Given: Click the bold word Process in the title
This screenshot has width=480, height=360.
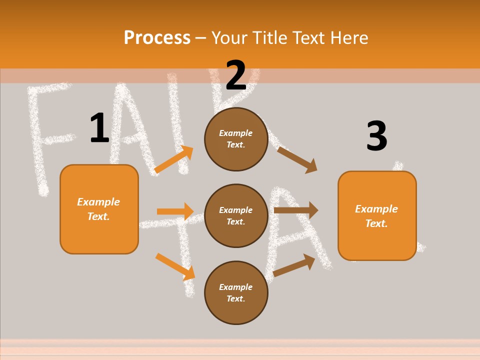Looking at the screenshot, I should (x=157, y=38).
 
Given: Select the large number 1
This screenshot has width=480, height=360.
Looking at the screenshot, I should (x=99, y=128).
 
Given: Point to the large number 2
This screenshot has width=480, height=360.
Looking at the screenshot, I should (x=236, y=75).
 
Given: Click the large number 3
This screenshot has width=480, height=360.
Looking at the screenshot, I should (x=377, y=136).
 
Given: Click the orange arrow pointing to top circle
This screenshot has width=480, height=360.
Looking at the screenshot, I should (x=174, y=159).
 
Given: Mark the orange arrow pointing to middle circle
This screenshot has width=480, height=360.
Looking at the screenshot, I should (x=175, y=211).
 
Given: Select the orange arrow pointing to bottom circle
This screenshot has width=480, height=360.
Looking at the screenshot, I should (x=175, y=266).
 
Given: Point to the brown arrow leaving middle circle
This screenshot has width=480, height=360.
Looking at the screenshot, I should (x=296, y=210).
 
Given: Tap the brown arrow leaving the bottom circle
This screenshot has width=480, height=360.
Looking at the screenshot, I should (x=294, y=265).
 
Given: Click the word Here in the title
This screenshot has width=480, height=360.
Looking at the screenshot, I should (x=347, y=38).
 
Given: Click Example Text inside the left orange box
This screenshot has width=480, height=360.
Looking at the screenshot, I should (x=98, y=209).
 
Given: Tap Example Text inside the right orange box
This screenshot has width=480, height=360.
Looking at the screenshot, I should (x=376, y=216).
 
